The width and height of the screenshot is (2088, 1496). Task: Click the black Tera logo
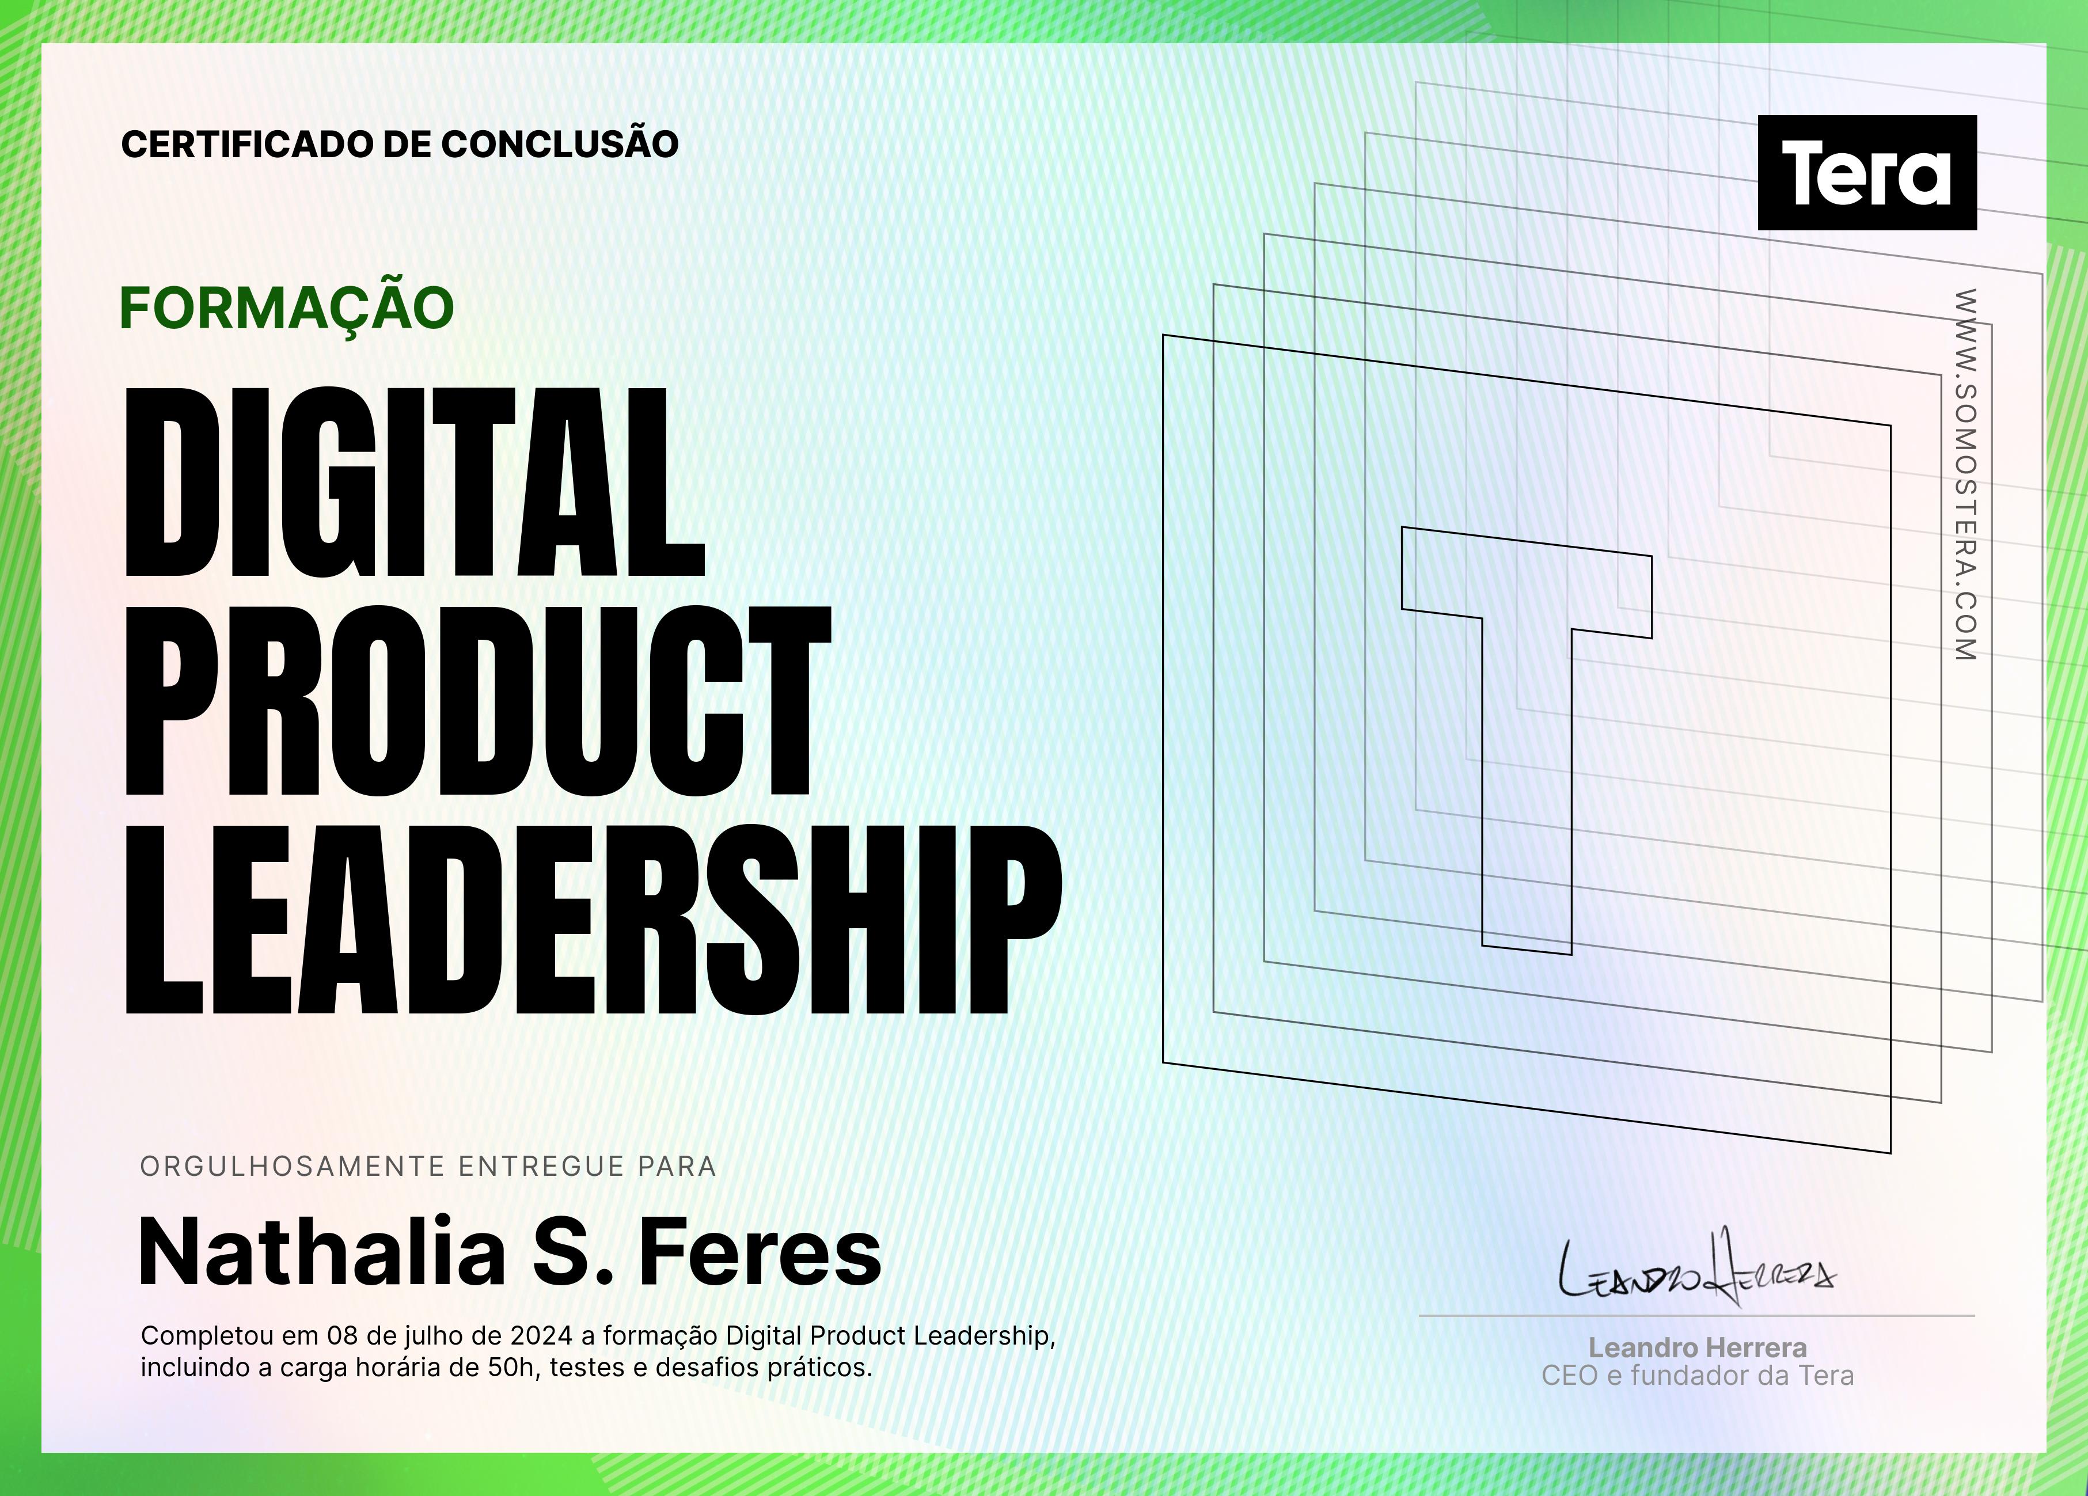point(1867,172)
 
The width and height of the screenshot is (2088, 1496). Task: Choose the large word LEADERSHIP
point(594,920)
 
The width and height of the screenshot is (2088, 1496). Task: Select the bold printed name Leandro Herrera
point(1698,1348)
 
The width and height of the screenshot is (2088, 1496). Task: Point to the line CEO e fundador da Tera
point(1698,1376)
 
